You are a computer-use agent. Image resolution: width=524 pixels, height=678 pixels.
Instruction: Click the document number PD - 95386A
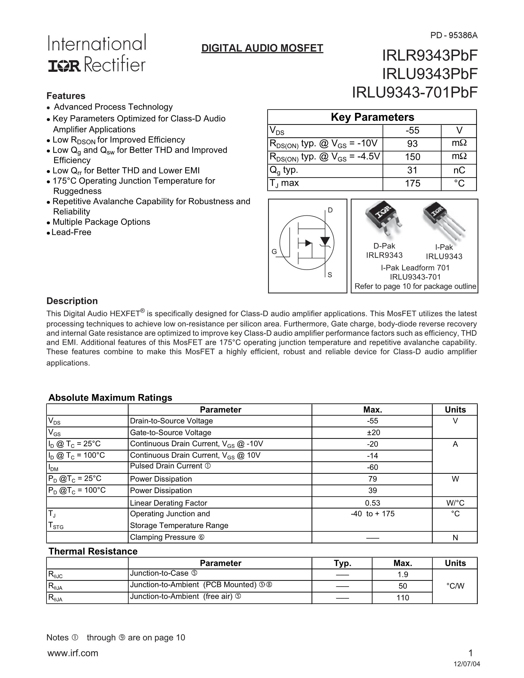[454, 36]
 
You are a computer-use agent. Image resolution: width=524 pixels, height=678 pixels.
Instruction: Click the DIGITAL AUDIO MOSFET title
[262, 48]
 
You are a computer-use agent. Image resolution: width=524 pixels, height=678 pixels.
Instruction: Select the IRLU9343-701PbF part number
[414, 92]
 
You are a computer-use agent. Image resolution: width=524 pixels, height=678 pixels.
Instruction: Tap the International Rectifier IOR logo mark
[64, 65]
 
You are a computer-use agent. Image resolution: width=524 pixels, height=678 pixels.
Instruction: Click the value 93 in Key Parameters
[412, 144]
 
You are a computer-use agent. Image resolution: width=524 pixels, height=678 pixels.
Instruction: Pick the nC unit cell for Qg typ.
[459, 170]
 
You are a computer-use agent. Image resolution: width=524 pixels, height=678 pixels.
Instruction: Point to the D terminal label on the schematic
[330, 210]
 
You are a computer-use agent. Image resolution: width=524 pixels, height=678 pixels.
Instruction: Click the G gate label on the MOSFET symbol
[274, 252]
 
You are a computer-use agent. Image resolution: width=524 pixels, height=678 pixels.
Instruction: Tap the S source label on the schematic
[330, 275]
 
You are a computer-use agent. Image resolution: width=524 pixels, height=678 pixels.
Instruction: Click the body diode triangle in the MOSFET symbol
[325, 241]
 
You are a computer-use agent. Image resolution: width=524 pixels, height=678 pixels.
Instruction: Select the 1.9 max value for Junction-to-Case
[402, 575]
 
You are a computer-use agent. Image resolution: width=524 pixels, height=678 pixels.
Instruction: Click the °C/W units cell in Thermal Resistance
[455, 586]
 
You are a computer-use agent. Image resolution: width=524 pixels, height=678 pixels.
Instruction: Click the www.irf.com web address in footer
[73, 653]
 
